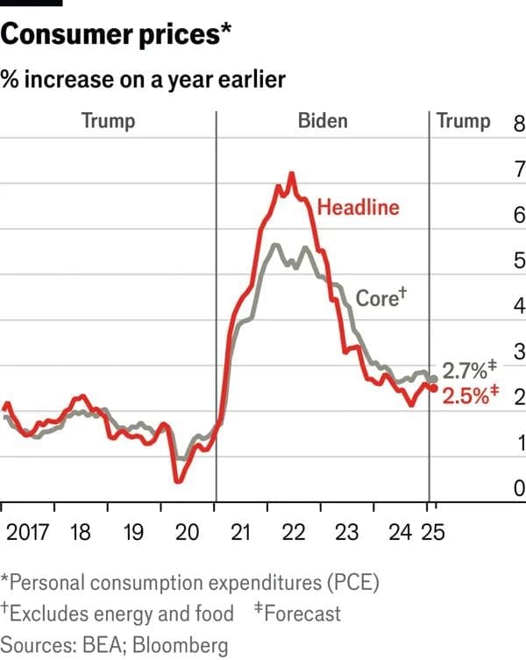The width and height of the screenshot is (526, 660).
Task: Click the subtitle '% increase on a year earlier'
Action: coord(143,80)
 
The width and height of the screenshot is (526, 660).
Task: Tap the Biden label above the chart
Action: coord(322,120)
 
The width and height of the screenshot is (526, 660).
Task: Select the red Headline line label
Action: coord(358,208)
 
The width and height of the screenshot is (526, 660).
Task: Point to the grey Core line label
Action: coord(382,297)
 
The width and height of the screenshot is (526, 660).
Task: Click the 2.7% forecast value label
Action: coord(469,369)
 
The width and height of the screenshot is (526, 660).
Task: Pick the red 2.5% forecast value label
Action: coord(469,395)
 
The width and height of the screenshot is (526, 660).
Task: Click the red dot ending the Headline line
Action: coord(434,388)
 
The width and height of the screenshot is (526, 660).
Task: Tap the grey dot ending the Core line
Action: coord(434,379)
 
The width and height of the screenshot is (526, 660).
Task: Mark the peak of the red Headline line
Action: coord(290,174)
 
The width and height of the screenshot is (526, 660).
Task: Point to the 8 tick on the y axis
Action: coord(517,122)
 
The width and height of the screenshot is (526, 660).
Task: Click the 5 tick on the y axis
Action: coord(517,259)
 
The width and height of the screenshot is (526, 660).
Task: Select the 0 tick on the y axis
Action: coord(517,487)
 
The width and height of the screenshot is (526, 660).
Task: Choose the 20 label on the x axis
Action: coord(187,532)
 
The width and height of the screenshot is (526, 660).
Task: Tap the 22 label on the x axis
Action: coord(294,532)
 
